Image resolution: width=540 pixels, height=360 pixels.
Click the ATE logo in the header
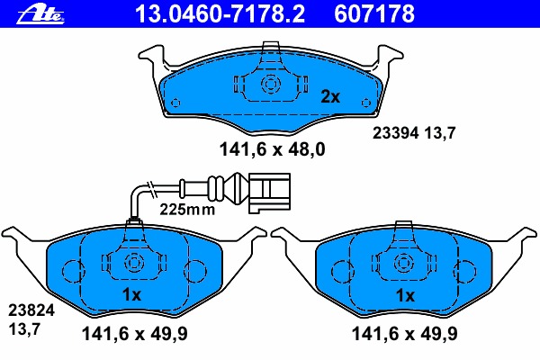40,15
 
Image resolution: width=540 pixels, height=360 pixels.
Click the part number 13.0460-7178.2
220,13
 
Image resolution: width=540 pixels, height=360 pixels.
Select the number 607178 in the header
374,13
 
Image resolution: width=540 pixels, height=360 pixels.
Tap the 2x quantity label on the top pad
330,97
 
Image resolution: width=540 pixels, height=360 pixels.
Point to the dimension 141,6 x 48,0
272,149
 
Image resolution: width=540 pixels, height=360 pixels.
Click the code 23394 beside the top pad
396,133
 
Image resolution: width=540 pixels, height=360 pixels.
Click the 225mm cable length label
187,209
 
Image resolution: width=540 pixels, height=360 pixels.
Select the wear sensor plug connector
269,193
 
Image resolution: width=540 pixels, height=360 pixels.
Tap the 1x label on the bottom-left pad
132,295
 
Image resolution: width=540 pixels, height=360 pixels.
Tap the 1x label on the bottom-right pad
405,295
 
